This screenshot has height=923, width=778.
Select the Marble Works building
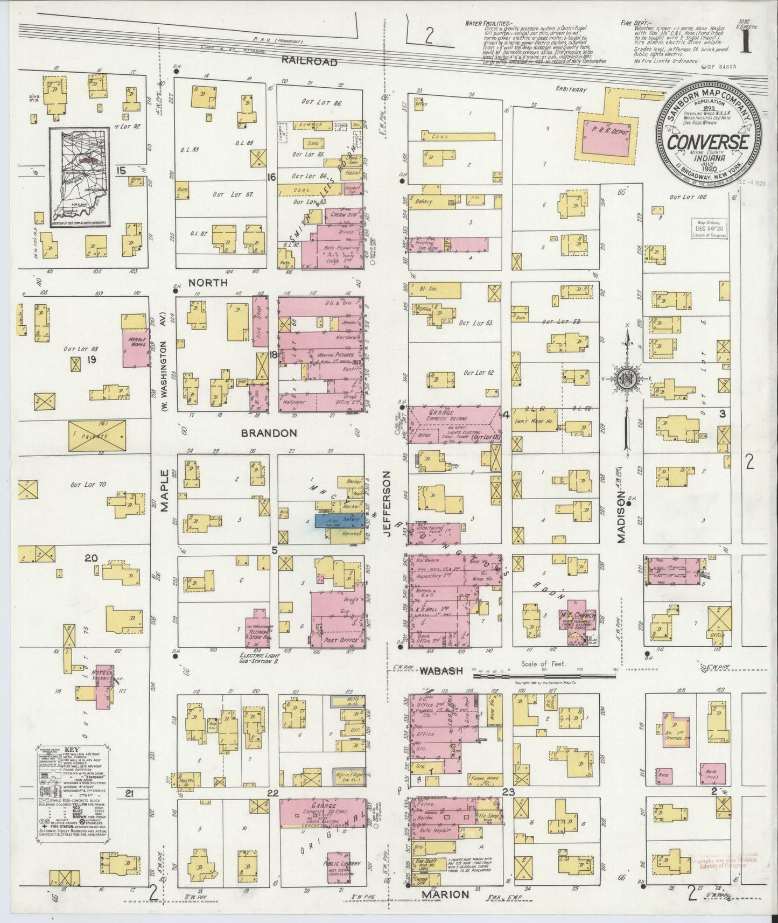[136, 340]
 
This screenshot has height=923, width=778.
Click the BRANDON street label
[269, 433]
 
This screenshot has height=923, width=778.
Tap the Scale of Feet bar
[544, 673]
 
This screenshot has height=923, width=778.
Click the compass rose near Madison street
[627, 377]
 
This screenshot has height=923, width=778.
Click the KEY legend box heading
[72, 750]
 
